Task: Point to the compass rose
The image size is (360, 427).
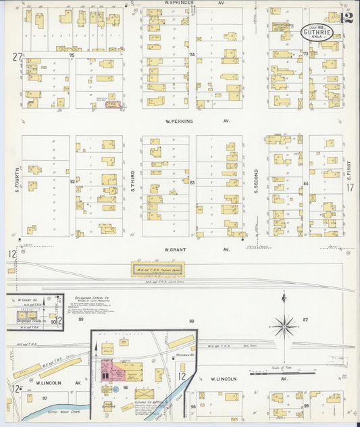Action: [284, 326]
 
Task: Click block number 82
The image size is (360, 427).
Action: [72, 182]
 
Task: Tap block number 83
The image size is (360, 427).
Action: [192, 182]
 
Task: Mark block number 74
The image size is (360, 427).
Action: [192, 54]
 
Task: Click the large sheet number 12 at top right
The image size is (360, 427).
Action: [347, 17]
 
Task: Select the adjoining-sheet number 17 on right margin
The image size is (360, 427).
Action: [350, 189]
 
